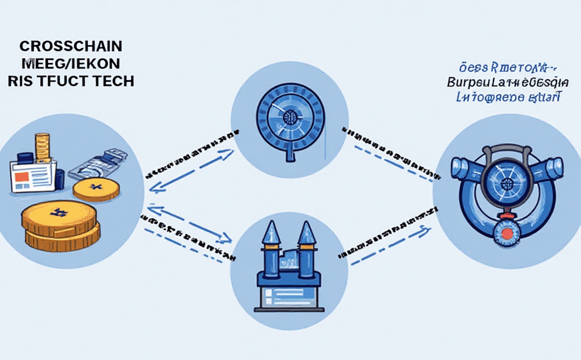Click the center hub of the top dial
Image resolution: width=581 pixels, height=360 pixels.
(289, 117)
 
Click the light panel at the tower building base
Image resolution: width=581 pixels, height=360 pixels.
(289, 293)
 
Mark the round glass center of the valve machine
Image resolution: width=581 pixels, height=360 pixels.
(507, 184)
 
